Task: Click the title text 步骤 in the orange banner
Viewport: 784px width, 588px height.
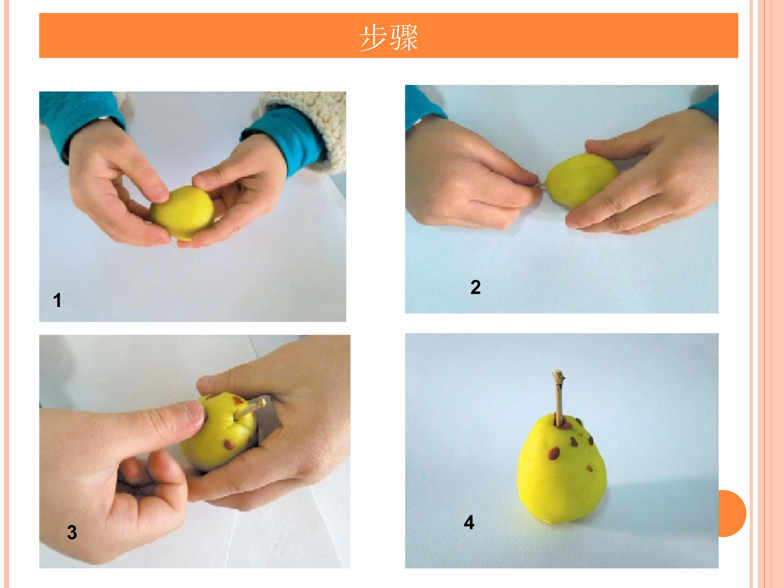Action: click(x=389, y=38)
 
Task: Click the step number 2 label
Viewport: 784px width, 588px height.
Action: click(x=476, y=287)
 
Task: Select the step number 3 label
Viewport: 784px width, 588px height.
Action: click(x=72, y=532)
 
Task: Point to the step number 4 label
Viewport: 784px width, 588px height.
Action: click(x=469, y=522)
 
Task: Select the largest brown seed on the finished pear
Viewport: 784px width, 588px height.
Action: click(x=554, y=453)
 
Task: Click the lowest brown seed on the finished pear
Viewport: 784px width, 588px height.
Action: click(x=590, y=468)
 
